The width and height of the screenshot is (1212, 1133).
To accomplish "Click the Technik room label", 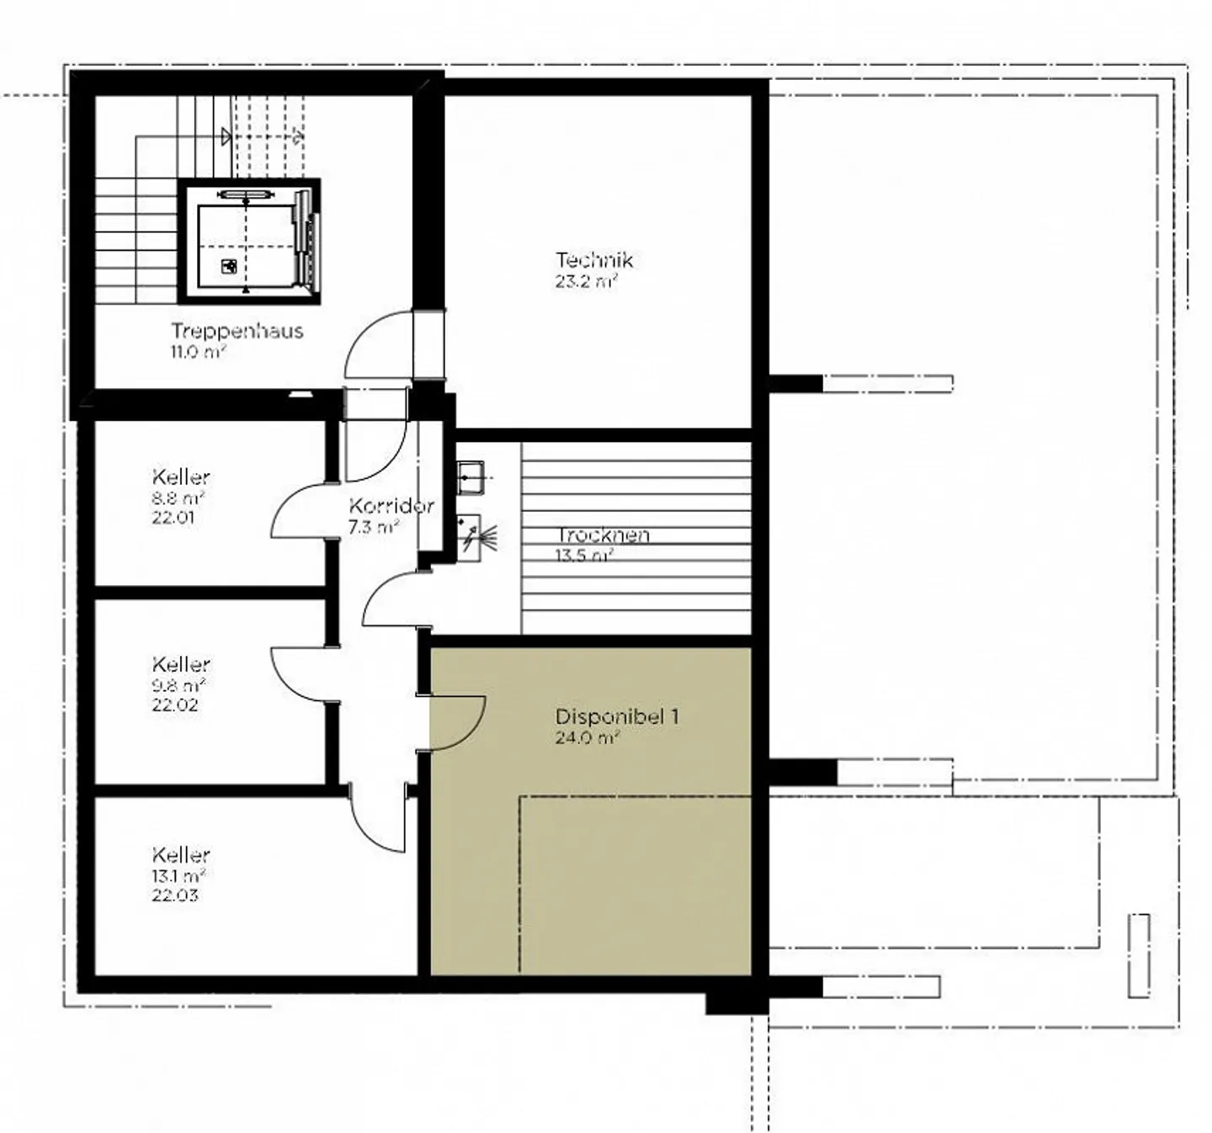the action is point(593,260).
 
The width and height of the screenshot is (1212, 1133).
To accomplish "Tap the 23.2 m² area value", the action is point(585,281).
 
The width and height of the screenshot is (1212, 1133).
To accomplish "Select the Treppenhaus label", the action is point(237,331).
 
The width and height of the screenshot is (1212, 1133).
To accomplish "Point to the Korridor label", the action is point(391,505).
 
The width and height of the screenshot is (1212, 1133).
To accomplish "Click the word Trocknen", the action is point(603,535).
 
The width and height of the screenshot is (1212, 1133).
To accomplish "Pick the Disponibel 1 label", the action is point(616,716).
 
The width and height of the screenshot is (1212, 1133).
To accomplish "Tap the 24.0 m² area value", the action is point(587,737).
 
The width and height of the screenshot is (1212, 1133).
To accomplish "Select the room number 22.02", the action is point(174,705).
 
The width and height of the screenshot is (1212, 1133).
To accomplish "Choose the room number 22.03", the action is point(174,895).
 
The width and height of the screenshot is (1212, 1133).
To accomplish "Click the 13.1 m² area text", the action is point(178,875).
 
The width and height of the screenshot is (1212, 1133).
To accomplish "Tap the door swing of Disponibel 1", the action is point(470,732).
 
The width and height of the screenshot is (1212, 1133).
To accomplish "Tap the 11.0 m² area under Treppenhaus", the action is point(199,352).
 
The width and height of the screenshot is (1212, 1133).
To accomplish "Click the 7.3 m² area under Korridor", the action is point(374,526).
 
